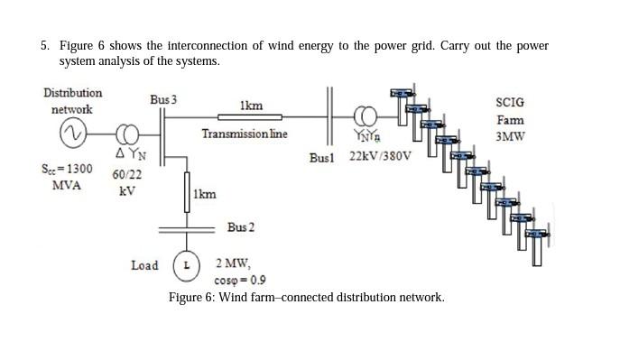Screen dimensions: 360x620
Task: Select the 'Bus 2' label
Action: click(x=241, y=226)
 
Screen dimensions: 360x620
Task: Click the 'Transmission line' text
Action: click(x=245, y=134)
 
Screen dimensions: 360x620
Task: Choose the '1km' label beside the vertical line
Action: click(x=205, y=194)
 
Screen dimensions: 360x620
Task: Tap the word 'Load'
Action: click(x=144, y=265)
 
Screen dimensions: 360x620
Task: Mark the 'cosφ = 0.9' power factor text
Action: click(x=239, y=279)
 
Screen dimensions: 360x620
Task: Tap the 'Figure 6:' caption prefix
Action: click(x=195, y=297)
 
